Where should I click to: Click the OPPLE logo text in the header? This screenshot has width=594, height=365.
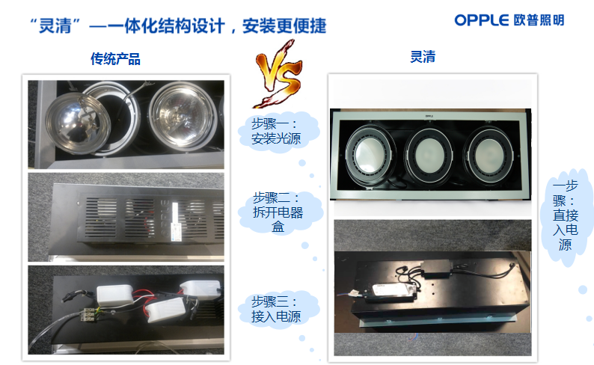click(482, 20)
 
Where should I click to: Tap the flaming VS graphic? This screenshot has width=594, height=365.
click(278, 74)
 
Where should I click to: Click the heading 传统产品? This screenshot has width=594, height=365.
click(115, 59)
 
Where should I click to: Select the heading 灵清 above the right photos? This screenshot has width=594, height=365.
click(423, 57)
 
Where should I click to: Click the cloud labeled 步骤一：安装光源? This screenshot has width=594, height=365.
click(278, 132)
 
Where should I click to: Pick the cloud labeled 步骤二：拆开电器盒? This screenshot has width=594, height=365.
click(280, 212)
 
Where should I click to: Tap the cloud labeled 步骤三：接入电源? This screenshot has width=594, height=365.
click(278, 310)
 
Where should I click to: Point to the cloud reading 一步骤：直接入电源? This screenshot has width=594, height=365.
click(566, 215)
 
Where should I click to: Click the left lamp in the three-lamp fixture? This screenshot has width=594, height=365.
click(370, 155)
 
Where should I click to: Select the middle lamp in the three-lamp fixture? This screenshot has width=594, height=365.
click(429, 156)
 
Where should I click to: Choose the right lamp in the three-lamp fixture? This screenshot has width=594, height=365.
click(489, 156)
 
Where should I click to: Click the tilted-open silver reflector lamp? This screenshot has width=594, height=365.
click(78, 123)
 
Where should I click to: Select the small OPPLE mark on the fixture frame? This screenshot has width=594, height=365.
click(429, 116)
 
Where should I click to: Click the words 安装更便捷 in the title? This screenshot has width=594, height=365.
click(284, 25)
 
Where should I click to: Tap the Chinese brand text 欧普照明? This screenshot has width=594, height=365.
click(539, 20)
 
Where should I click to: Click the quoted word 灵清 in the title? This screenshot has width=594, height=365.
click(55, 25)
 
